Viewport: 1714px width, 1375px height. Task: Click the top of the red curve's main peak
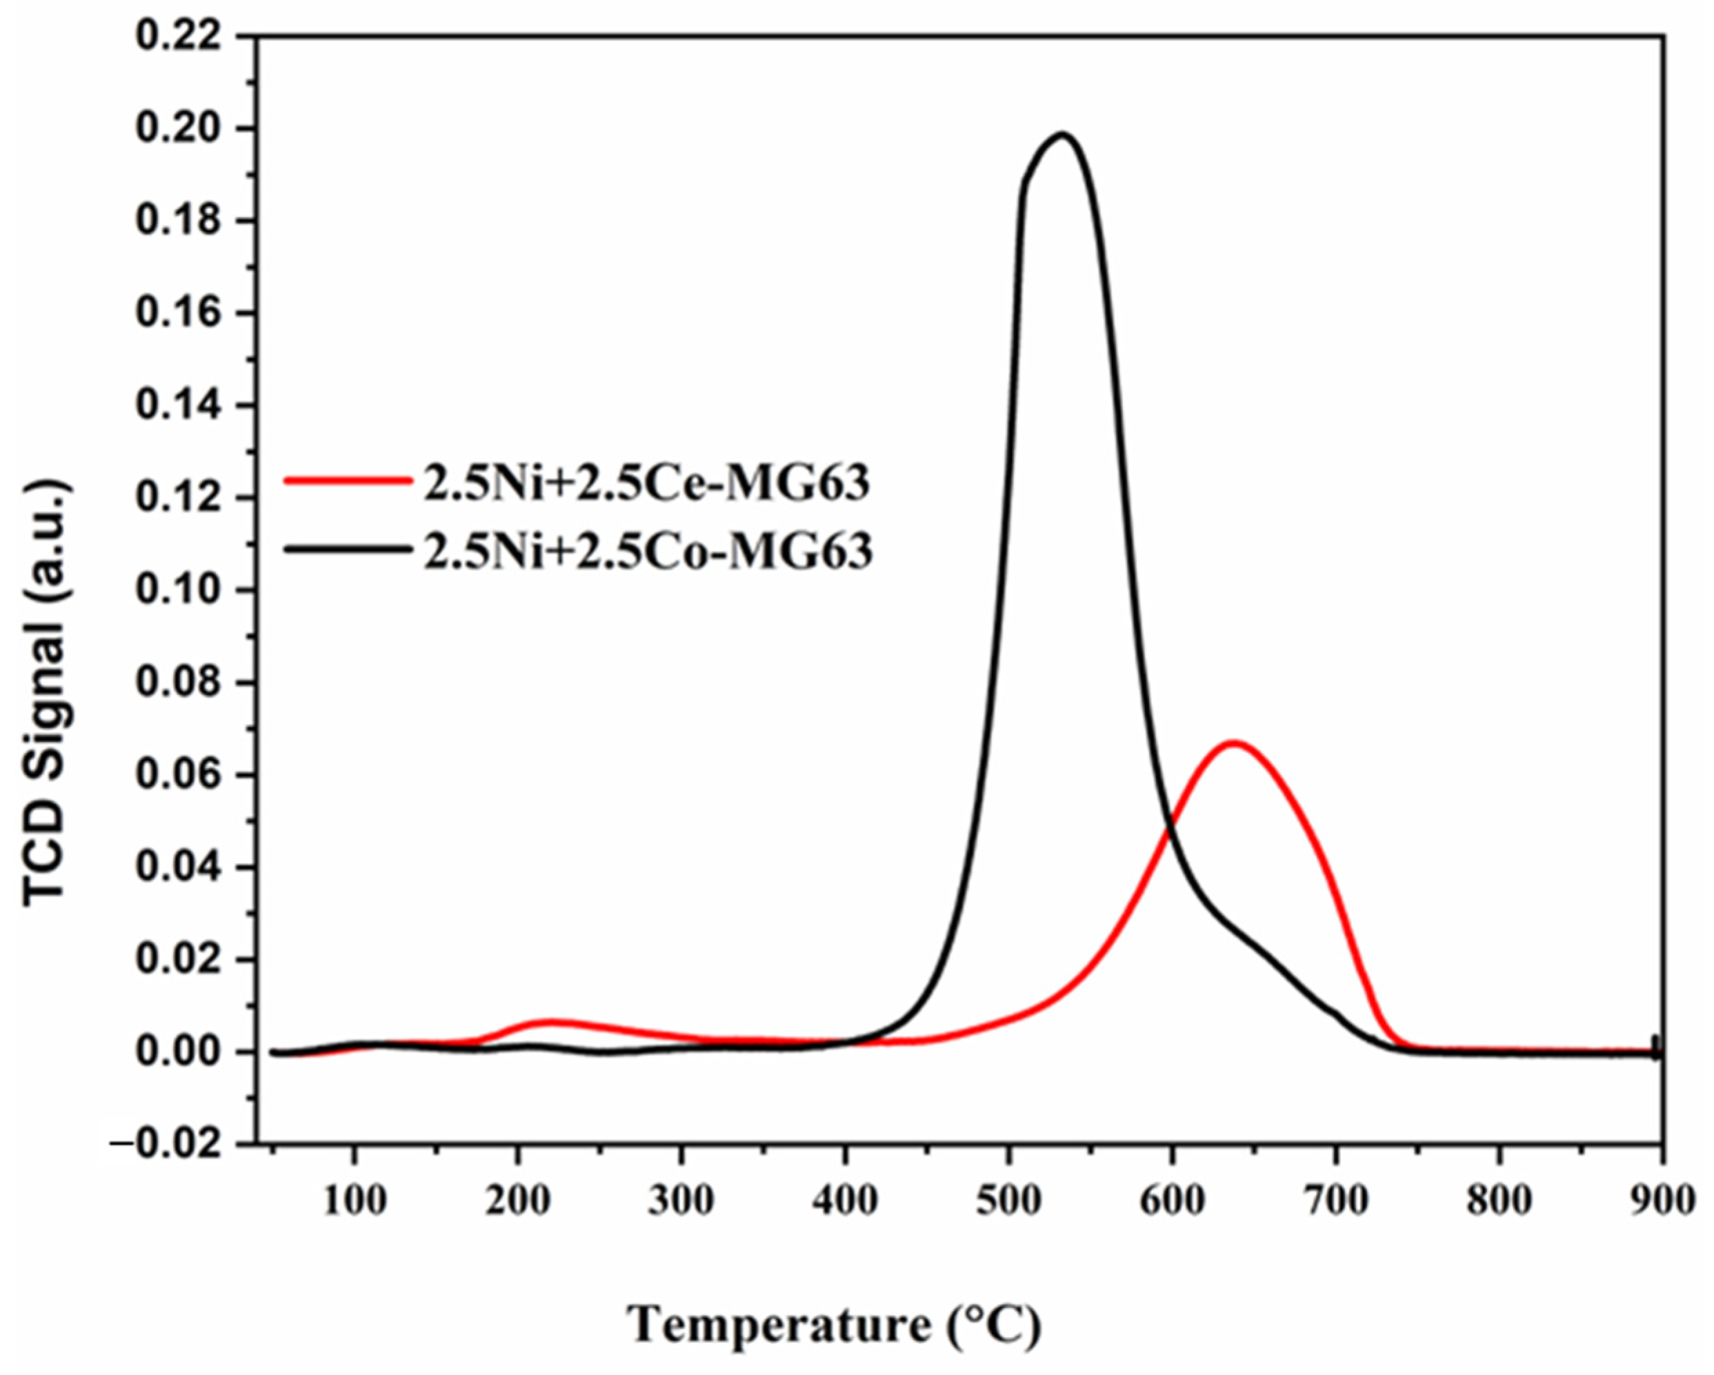pos(1231,743)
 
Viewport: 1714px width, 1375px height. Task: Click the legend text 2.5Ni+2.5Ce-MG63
pos(646,484)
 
